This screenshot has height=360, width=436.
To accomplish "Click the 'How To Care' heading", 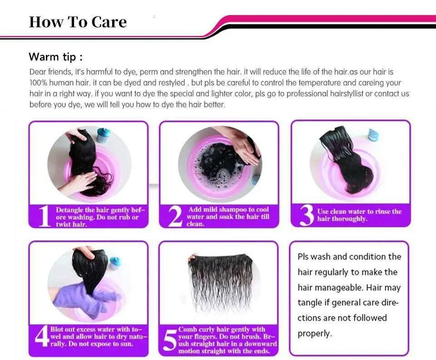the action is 78,22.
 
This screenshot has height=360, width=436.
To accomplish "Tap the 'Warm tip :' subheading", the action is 55,57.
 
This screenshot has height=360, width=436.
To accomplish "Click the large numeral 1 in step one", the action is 44,216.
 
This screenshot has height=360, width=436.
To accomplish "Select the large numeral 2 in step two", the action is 175,216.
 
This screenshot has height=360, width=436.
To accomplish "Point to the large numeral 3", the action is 307,215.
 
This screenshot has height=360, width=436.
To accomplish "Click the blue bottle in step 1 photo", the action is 104,135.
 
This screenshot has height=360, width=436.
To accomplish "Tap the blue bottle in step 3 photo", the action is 373,134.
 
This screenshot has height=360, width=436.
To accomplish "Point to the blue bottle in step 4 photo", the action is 115,263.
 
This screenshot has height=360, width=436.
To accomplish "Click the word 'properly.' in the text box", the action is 315,334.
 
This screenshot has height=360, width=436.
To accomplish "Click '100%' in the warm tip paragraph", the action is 38,83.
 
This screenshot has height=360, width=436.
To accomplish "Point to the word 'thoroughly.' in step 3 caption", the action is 349,219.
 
